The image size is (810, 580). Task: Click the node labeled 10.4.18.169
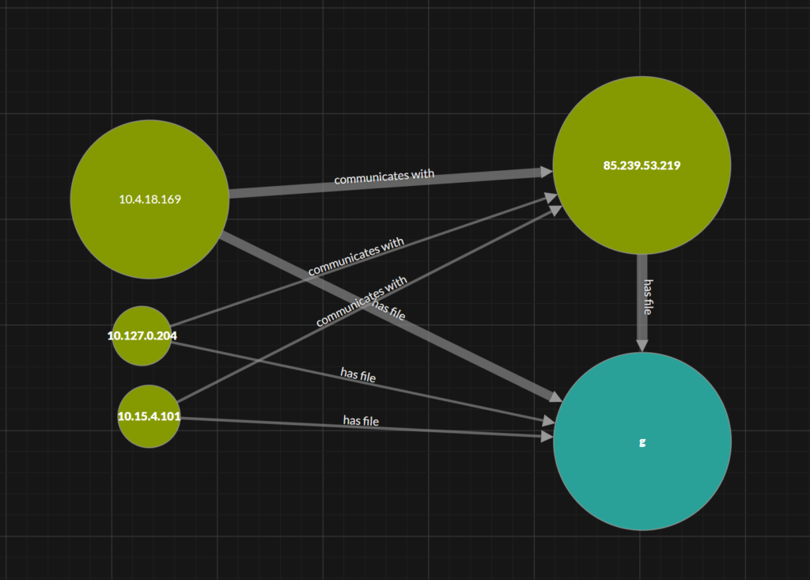coord(150,199)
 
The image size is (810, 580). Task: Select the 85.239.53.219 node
coord(642,165)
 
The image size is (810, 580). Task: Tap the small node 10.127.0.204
coord(142,336)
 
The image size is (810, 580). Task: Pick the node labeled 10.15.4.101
coord(150,416)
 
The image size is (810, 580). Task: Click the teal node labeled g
coord(642,442)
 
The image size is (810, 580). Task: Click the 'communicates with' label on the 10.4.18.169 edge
coord(384,176)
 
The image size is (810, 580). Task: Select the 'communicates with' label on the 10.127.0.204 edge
coord(356,256)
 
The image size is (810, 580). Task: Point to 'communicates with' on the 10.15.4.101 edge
coord(361,301)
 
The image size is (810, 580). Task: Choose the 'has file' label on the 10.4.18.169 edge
coord(388,309)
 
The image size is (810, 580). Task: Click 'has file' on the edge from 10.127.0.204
coord(358,375)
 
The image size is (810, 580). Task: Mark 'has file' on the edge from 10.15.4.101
coord(361,421)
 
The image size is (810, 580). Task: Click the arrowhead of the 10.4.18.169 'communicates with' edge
coord(547,172)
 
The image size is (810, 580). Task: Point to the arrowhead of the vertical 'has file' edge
coord(642,346)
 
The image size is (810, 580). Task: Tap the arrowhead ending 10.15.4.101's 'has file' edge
coord(547,437)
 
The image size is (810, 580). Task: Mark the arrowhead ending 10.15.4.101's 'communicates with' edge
coord(556,210)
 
